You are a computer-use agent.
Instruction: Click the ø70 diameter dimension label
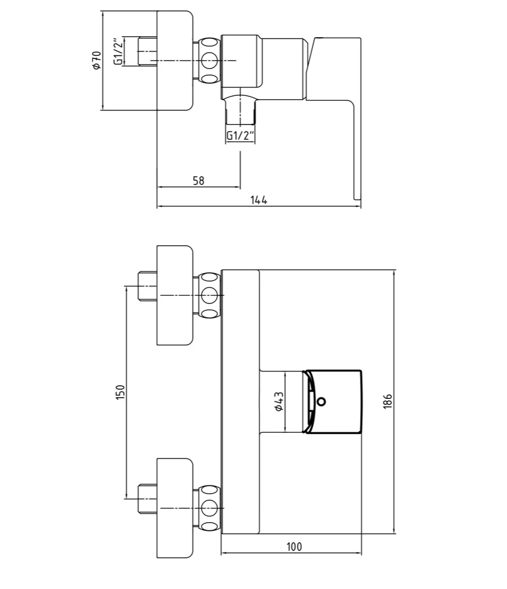tap(97, 60)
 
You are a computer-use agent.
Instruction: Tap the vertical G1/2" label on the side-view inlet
tap(117, 52)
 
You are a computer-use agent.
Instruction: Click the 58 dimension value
tap(198, 180)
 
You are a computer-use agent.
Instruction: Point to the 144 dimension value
tap(258, 201)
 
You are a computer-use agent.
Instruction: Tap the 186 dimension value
tap(388, 402)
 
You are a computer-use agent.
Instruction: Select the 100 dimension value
tap(294, 546)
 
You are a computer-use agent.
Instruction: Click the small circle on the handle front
tap(322, 401)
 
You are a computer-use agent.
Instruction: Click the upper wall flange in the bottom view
tap(175, 295)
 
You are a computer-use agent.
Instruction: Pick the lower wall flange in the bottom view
tap(175, 508)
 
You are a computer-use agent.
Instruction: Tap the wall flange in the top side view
tap(175, 60)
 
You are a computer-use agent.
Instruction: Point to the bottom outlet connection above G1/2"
tap(240, 110)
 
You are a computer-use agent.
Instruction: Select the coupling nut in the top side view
tap(209, 60)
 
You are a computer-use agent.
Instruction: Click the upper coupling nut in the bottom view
tap(209, 295)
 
